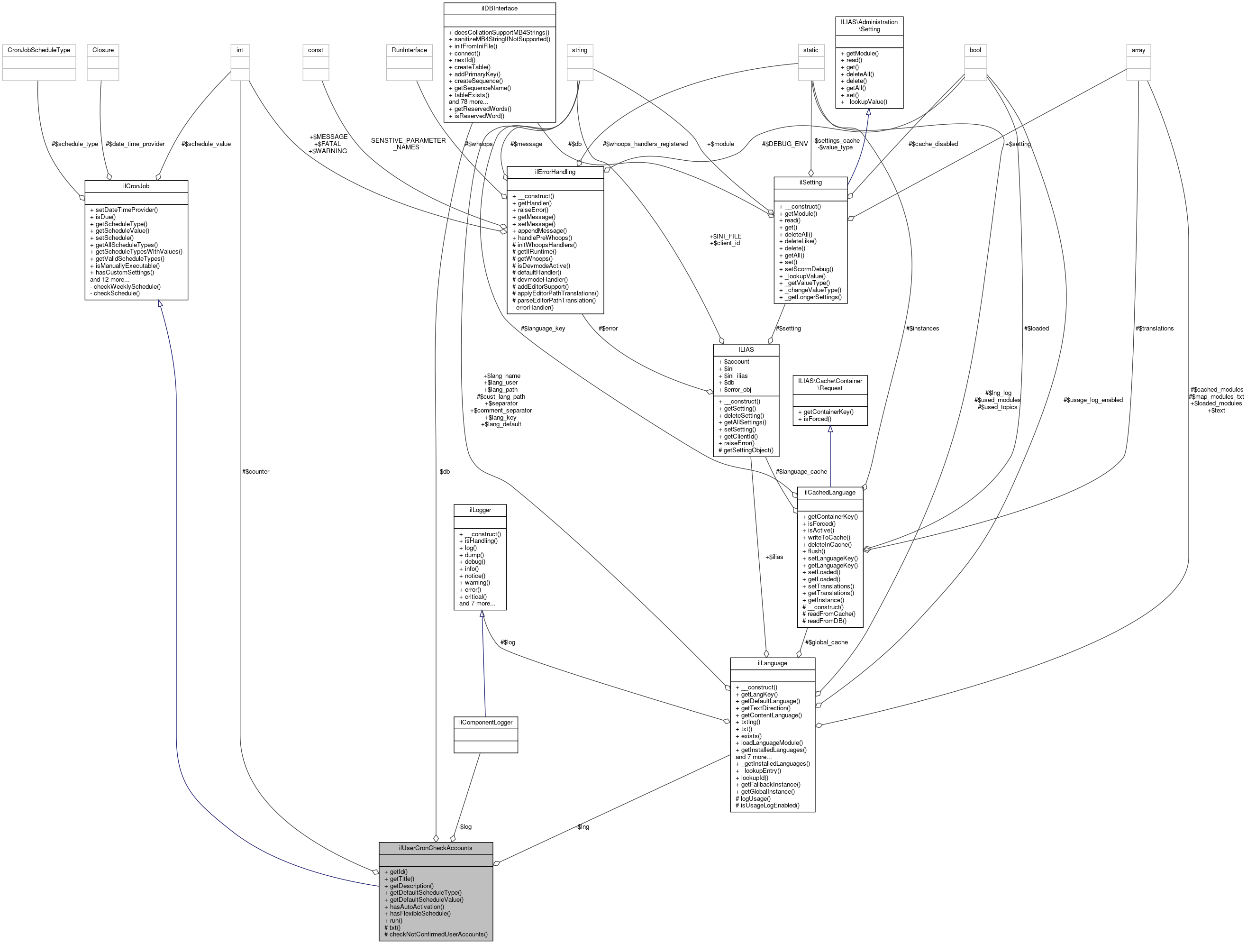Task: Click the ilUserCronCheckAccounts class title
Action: click(x=435, y=848)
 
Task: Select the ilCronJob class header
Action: click(x=136, y=186)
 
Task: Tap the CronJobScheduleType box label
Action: click(x=39, y=50)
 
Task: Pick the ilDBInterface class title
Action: click(x=500, y=9)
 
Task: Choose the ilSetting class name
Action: click(x=810, y=183)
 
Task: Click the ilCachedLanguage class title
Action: click(x=830, y=492)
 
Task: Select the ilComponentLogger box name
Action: click(x=485, y=722)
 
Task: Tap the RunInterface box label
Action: click(x=410, y=50)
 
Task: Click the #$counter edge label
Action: click(x=255, y=471)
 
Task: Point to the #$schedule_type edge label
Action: click(x=74, y=144)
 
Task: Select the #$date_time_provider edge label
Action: click(x=135, y=144)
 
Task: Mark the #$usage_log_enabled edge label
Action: click(x=1092, y=400)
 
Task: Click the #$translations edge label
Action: click(x=1155, y=328)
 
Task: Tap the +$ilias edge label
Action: click(x=774, y=557)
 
